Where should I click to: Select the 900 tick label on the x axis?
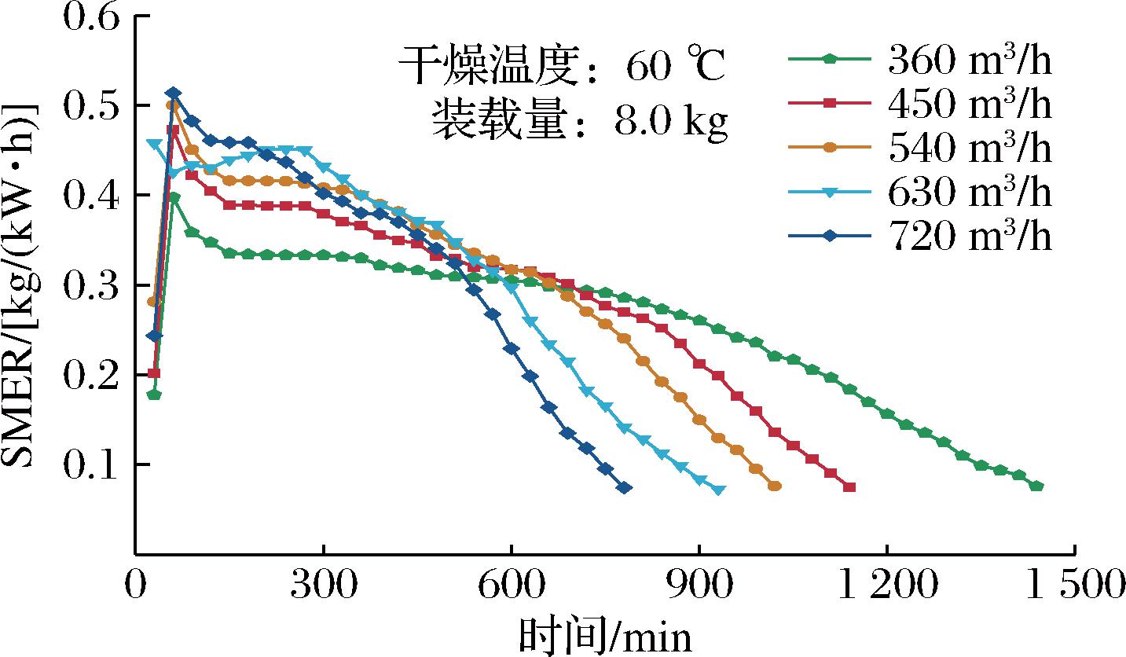tap(699, 585)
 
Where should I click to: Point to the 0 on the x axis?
tap(136, 585)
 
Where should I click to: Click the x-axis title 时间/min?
tap(605, 635)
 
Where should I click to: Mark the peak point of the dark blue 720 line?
tap(174, 94)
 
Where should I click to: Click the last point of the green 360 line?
tap(1036, 486)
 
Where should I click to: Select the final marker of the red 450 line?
tap(849, 487)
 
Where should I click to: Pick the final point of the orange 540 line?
tap(775, 486)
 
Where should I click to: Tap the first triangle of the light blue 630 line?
tap(154, 144)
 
